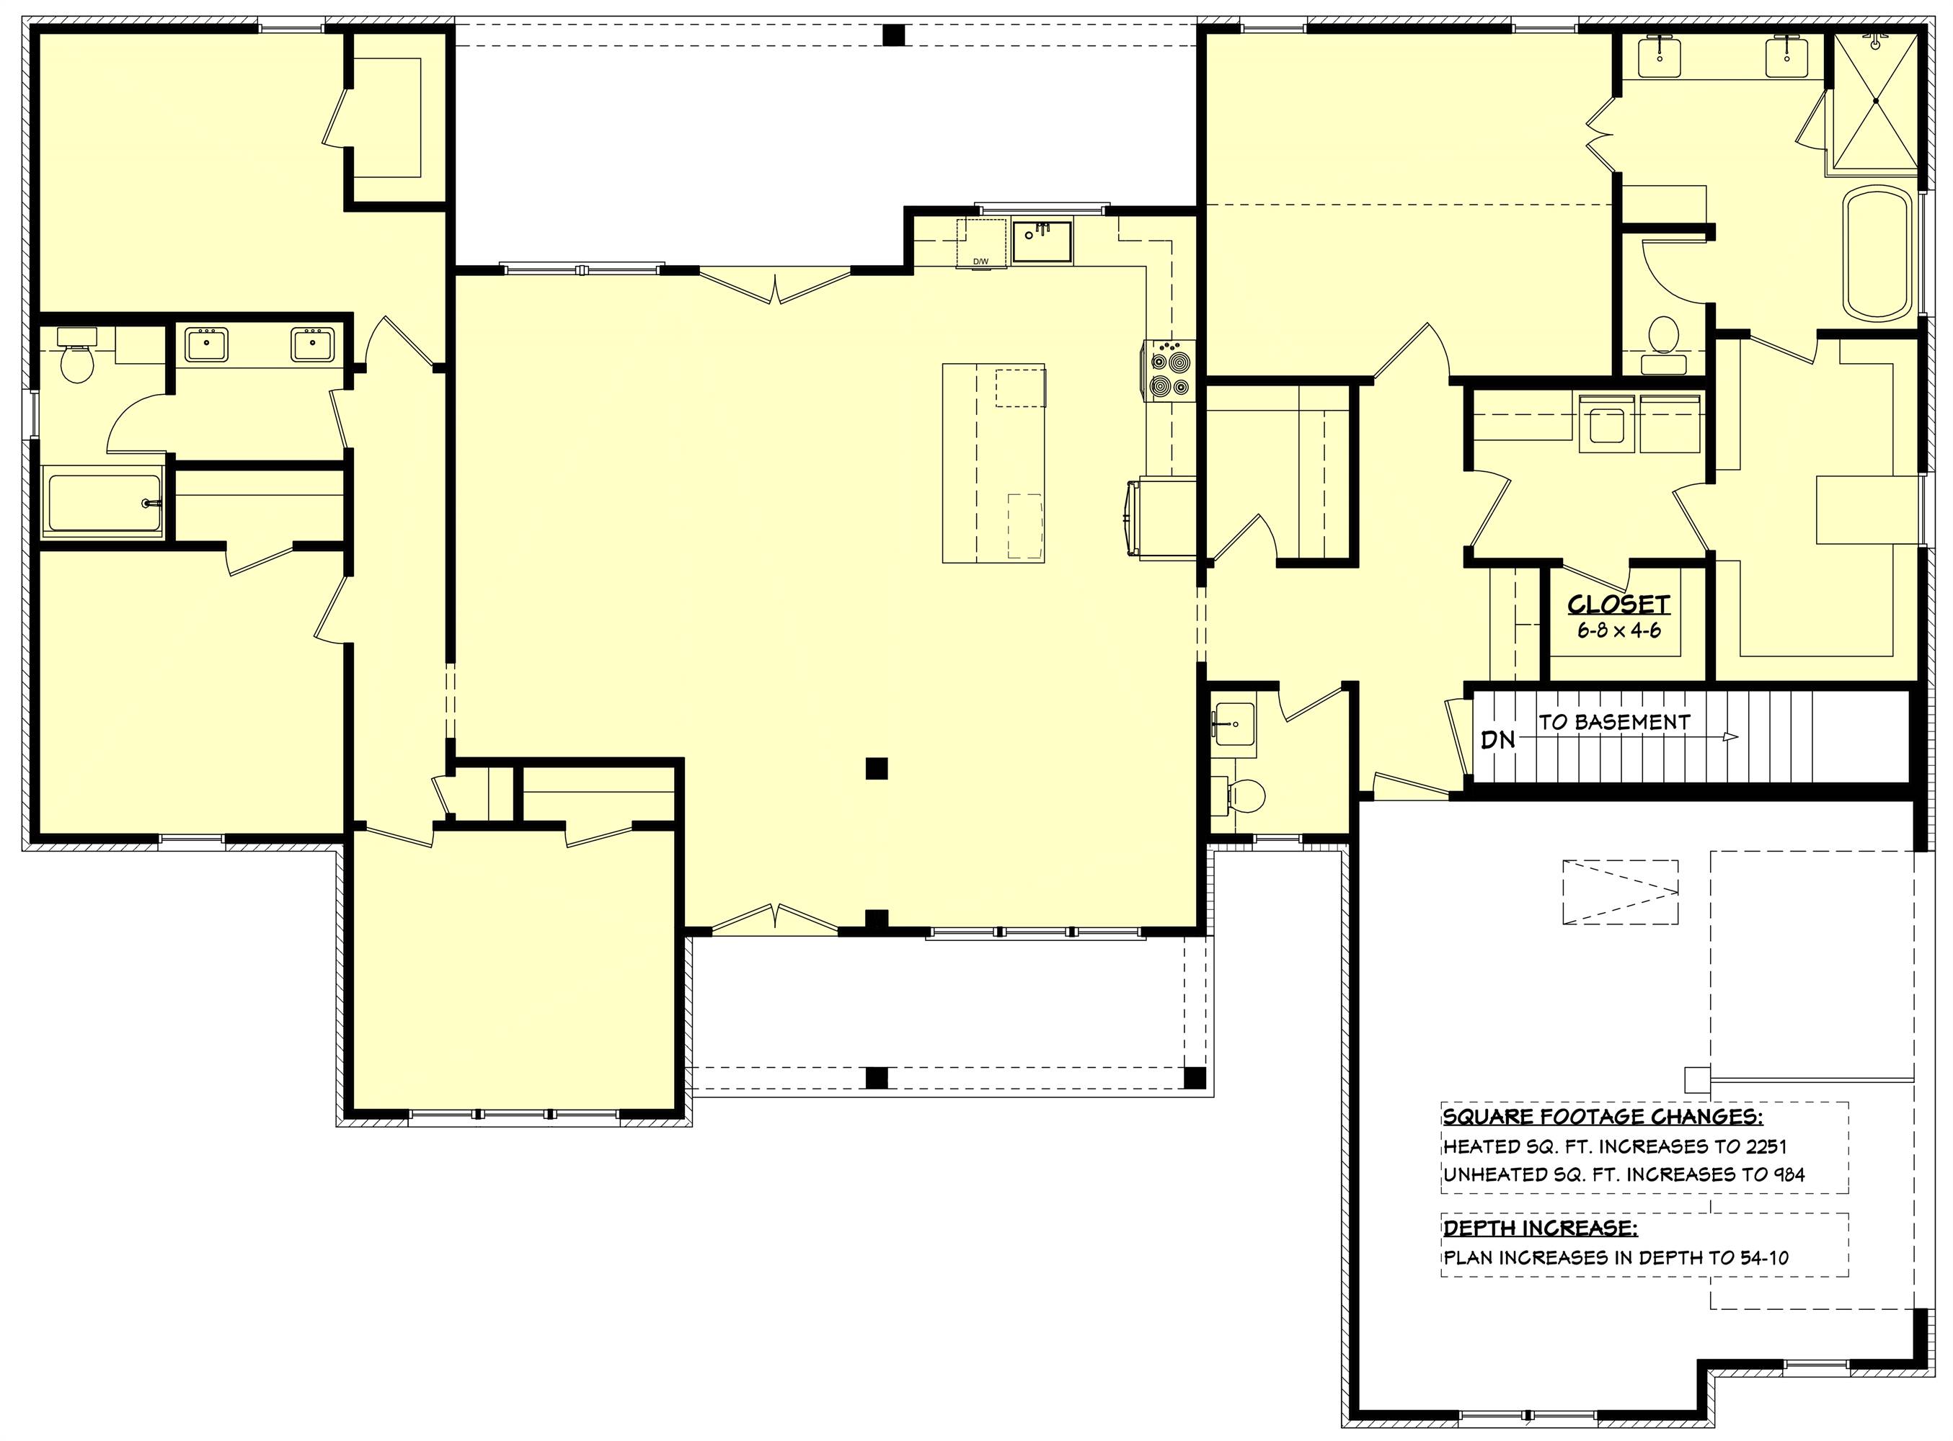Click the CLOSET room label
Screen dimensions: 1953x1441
coord(1618,604)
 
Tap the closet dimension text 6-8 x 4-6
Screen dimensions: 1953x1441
coord(1618,630)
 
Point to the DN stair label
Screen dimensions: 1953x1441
coord(1498,740)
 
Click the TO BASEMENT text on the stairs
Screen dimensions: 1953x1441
coord(1614,722)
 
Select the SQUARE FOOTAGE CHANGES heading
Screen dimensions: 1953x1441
coord(1596,1117)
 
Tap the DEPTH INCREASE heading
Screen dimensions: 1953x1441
coord(1540,1228)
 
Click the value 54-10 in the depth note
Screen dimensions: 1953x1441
coord(1759,1257)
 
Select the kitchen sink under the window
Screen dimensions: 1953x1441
coord(1042,241)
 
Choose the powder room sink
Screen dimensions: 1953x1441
coord(1234,724)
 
